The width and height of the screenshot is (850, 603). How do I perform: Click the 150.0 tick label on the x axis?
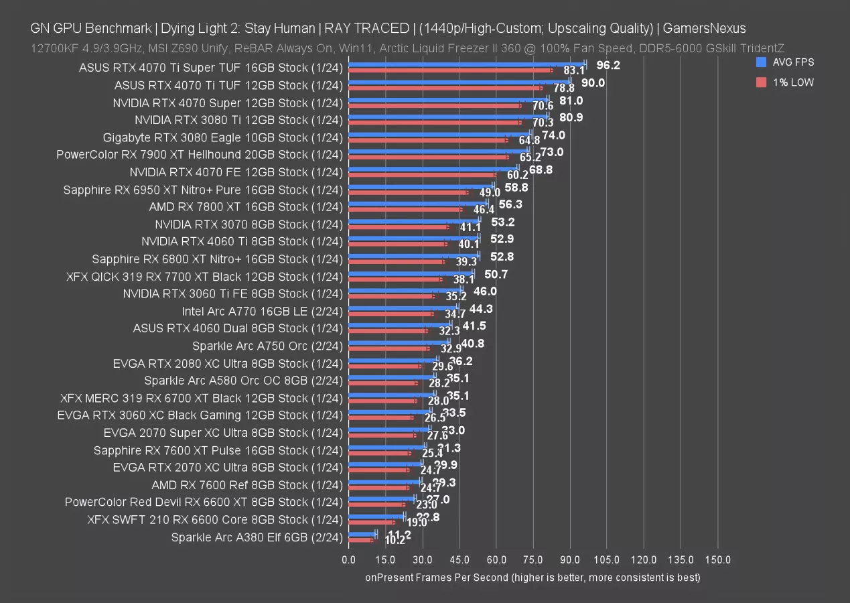[x=717, y=559]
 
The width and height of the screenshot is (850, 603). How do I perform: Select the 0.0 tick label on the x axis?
[x=349, y=559]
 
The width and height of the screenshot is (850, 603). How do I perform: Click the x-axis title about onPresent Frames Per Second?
[x=533, y=577]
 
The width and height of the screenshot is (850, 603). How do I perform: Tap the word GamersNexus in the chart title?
[x=705, y=28]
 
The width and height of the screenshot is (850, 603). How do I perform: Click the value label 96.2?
[x=608, y=65]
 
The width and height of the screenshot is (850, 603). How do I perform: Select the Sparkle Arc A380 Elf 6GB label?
[x=257, y=537]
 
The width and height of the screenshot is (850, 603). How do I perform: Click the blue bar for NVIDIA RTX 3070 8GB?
[x=414, y=220]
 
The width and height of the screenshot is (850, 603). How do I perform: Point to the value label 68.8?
[x=541, y=170]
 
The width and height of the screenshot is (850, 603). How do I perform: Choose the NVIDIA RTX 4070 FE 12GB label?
[x=236, y=172]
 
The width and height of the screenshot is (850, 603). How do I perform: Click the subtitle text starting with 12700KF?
[x=407, y=48]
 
